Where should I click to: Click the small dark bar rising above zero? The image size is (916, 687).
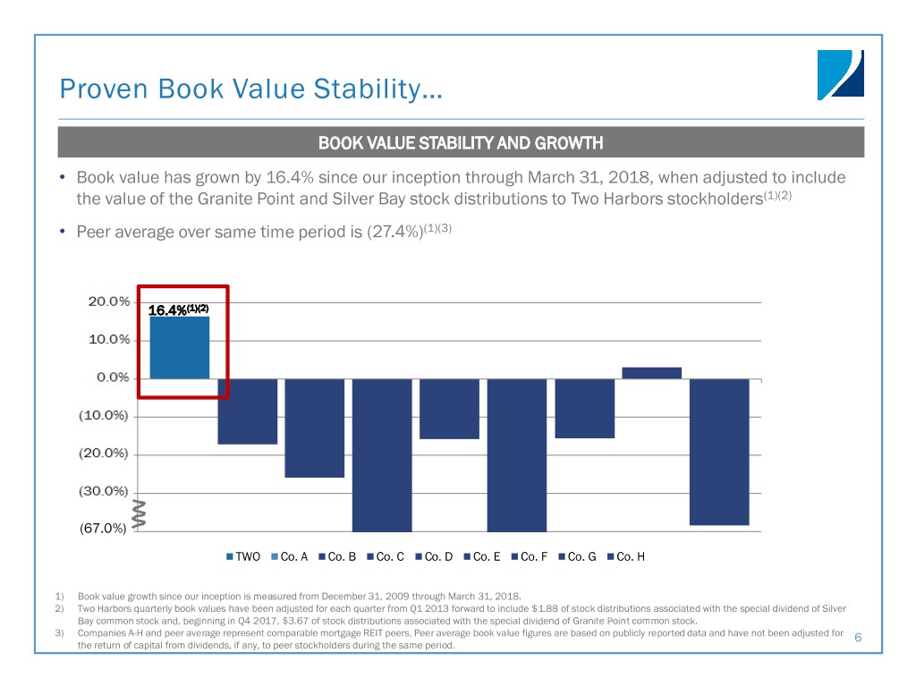(651, 372)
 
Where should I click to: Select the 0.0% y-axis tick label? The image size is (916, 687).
(113, 377)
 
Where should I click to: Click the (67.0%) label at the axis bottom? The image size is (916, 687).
(102, 529)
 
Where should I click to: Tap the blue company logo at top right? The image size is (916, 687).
(840, 74)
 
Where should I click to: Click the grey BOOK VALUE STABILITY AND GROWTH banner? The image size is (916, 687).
(461, 142)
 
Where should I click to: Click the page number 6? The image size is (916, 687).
(858, 637)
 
